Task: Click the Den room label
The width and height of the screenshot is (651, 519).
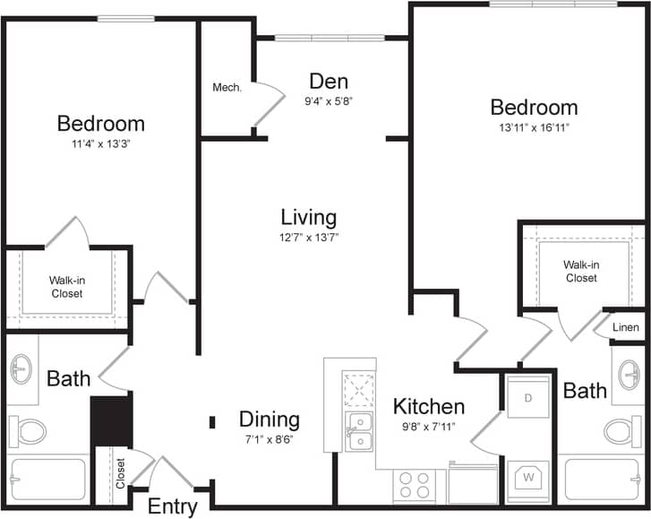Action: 328,82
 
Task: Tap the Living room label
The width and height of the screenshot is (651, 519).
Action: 308,217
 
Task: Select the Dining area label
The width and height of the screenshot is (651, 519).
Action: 269,420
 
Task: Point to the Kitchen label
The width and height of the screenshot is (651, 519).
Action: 429,406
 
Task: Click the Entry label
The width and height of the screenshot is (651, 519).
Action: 172,506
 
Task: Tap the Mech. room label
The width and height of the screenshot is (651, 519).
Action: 227,88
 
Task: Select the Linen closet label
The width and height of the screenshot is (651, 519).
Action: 626,327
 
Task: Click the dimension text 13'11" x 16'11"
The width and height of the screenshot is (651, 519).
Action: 534,127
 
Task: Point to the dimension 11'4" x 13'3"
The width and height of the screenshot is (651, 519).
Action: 100,143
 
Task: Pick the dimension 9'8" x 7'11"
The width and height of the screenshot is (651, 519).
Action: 429,426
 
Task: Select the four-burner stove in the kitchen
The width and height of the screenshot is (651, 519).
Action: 414,486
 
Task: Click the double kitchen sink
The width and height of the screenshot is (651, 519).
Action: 360,431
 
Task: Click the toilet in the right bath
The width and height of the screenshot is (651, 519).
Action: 624,431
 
